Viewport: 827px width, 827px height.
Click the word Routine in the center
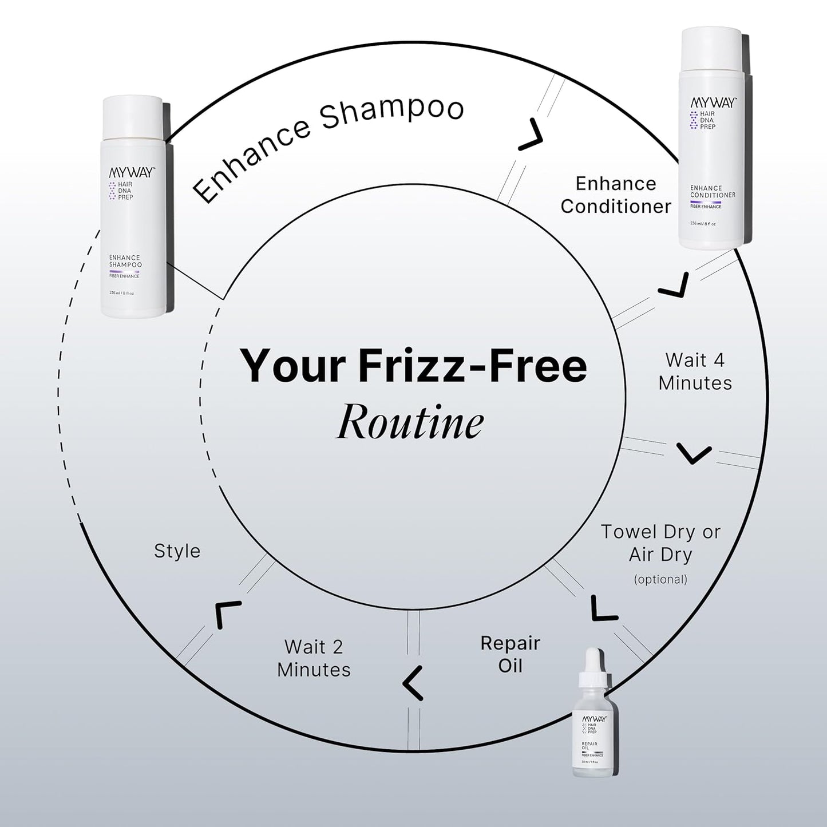pyautogui.click(x=409, y=423)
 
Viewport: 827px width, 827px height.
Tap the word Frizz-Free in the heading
pyautogui.click(x=473, y=366)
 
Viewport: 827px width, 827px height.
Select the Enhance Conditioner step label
pyautogui.click(x=616, y=195)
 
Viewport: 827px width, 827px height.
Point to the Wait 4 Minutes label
pyautogui.click(x=695, y=371)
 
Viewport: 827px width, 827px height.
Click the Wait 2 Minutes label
pyautogui.click(x=314, y=658)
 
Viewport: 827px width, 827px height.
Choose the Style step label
pyautogui.click(x=177, y=551)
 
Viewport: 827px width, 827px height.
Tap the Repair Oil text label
pyautogui.click(x=510, y=654)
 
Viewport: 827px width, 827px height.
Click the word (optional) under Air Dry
pyautogui.click(x=660, y=579)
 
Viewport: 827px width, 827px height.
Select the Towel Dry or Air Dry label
pyautogui.click(x=660, y=543)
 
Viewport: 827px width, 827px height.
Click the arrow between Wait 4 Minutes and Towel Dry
pyautogui.click(x=694, y=453)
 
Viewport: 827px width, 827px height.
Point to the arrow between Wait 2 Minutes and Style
pyautogui.click(x=227, y=614)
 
